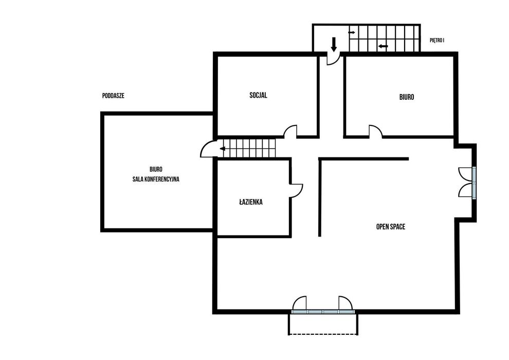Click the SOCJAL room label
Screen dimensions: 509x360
click(259, 95)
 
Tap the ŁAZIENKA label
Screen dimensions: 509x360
click(251, 202)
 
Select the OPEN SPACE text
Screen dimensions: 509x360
click(391, 227)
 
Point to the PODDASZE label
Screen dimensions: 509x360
click(113, 96)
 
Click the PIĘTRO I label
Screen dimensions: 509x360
click(437, 41)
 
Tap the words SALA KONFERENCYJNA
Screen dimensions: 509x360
click(156, 179)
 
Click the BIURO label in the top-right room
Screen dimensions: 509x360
click(406, 97)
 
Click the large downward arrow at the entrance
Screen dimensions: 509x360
click(334, 44)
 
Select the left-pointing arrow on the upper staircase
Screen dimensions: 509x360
click(383, 46)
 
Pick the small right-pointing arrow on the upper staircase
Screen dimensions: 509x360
click(352, 32)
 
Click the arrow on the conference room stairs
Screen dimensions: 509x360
click(223, 149)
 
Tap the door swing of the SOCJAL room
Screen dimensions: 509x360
click(290, 132)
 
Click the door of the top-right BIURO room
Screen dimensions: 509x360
click(376, 132)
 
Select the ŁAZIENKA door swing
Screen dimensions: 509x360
click(297, 191)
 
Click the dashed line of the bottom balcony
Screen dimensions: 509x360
click(323, 334)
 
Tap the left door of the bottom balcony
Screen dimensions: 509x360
click(299, 303)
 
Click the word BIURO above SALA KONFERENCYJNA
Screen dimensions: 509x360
click(156, 169)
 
